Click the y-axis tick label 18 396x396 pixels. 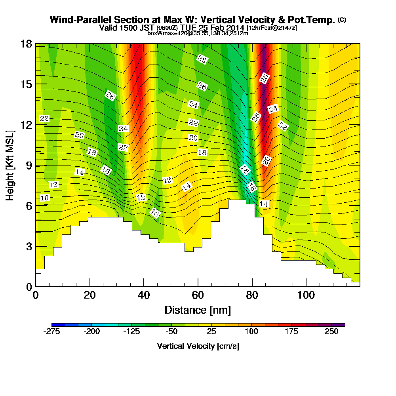26,44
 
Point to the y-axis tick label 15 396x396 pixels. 26,84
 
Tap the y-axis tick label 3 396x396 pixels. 29,246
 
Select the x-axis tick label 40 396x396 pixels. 144,295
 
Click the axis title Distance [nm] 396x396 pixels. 198,310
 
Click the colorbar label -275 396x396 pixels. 51,332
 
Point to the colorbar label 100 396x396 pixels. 252,332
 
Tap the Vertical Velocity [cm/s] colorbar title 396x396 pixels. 198,346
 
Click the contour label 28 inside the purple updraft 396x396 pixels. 264,78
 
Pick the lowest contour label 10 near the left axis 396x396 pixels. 44,198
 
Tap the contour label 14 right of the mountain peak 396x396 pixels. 263,204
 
